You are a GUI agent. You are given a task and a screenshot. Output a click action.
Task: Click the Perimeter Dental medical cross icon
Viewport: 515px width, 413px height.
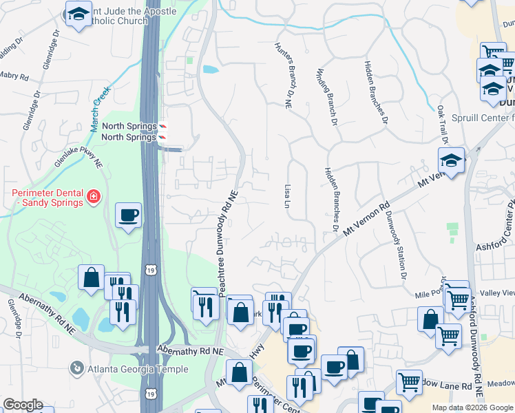tap(93, 198)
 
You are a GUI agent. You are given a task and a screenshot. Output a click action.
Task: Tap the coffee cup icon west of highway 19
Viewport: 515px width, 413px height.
tap(129, 215)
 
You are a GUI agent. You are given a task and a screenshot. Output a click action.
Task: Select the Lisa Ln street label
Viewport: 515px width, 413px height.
tap(286, 195)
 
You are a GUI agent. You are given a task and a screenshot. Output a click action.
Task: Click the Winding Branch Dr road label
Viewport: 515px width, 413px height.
tap(328, 96)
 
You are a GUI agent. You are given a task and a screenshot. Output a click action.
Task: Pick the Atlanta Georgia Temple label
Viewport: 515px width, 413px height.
tap(138, 369)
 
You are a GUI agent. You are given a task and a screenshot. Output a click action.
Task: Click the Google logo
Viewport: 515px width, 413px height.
tap(23, 405)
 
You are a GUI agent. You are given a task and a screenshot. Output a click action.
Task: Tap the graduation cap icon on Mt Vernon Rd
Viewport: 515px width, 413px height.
tap(451, 160)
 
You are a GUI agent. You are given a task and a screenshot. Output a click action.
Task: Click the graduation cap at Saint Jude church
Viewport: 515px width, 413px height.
tap(78, 13)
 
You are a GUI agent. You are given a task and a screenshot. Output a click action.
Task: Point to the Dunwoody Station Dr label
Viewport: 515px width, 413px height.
tap(397, 246)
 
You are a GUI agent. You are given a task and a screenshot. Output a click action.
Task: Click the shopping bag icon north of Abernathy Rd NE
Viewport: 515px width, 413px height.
tap(91, 278)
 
